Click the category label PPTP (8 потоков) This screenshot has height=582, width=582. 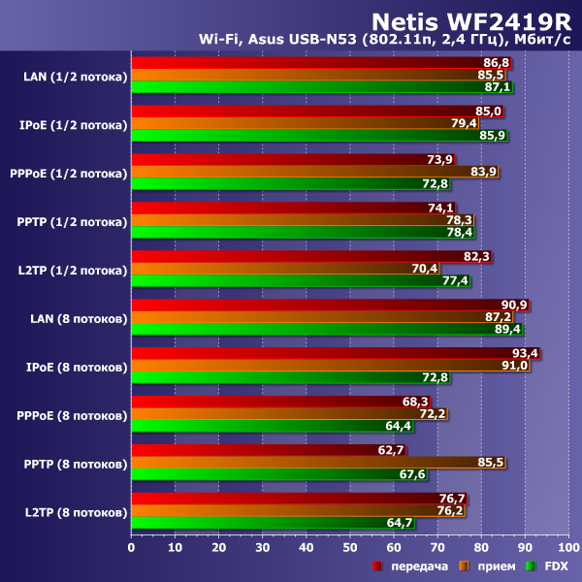[x=72, y=464]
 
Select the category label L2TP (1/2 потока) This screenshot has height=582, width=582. [x=72, y=270]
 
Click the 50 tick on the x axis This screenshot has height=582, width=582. [x=350, y=547]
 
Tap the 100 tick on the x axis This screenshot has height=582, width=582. [x=568, y=547]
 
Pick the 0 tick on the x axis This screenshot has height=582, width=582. [x=132, y=547]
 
